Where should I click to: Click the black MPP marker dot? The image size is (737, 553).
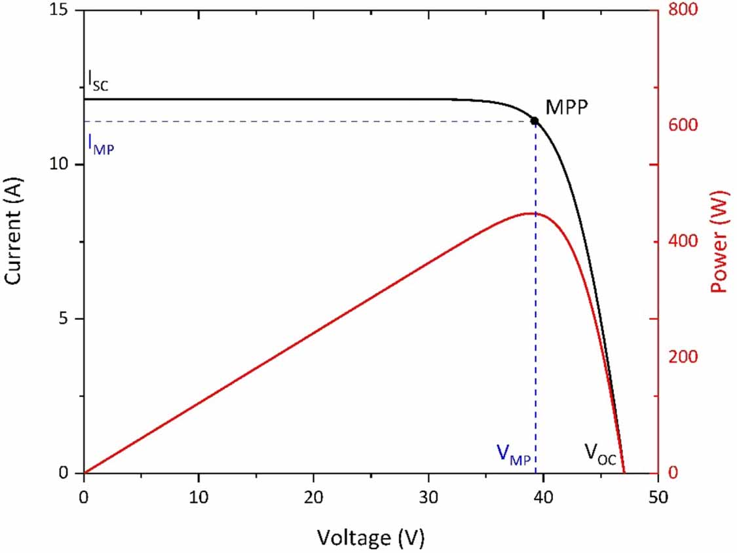point(535,121)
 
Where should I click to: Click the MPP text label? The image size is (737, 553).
point(567,107)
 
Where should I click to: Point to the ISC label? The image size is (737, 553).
point(98,79)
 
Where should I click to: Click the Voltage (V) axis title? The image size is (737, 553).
point(371,538)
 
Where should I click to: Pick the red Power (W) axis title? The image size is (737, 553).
point(720,242)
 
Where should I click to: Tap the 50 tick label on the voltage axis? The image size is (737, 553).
point(658,497)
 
